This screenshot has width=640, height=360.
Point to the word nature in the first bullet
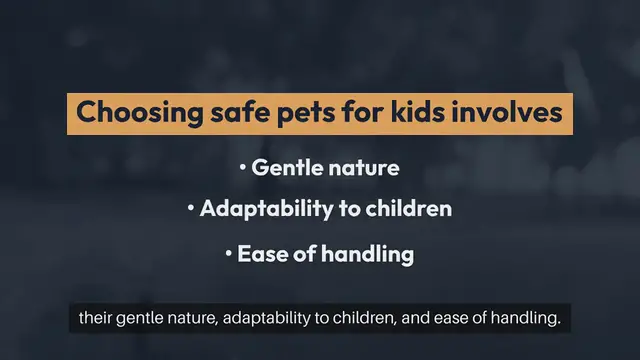click(364, 167)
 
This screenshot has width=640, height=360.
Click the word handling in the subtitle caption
click(519, 320)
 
